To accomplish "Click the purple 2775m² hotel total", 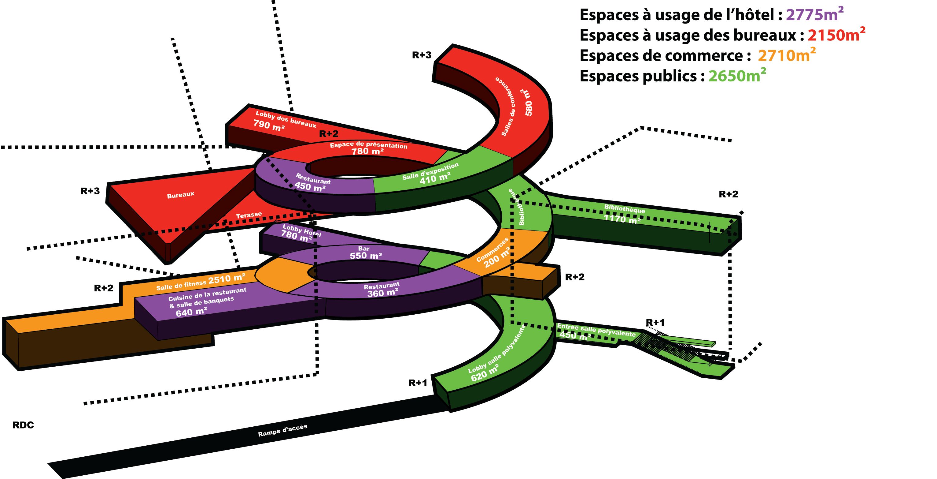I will pyautogui.click(x=814, y=15).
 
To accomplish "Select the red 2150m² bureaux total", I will pyautogui.click(x=836, y=35).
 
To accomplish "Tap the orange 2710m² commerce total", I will pyautogui.click(x=786, y=55).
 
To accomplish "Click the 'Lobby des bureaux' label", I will pyautogui.click(x=286, y=119).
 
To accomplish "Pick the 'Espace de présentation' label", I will pyautogui.click(x=368, y=145).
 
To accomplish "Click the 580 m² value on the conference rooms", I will pyautogui.click(x=529, y=103).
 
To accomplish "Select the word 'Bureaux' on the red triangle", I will pyautogui.click(x=181, y=195).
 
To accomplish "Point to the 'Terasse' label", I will pyautogui.click(x=249, y=215).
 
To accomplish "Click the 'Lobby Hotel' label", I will pyautogui.click(x=301, y=230).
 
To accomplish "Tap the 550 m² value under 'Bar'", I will pyautogui.click(x=366, y=256).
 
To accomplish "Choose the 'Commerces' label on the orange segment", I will pyautogui.click(x=492, y=249).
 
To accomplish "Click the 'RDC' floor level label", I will pyautogui.click(x=23, y=425).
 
